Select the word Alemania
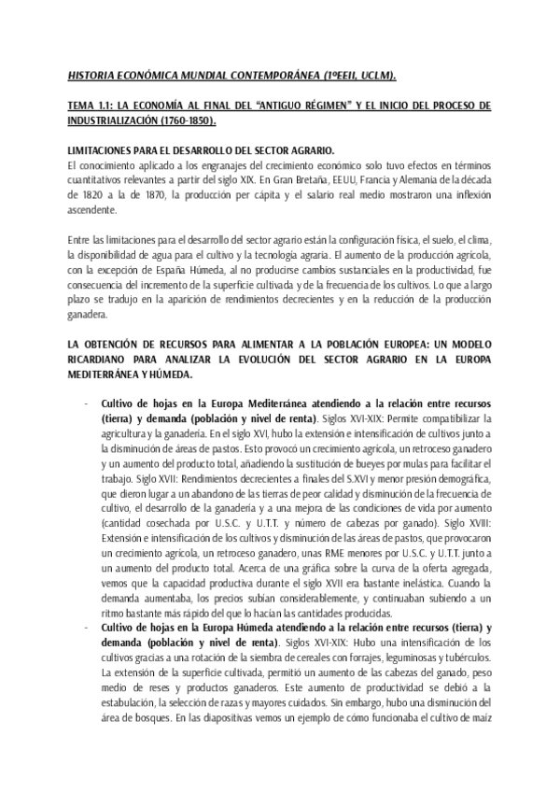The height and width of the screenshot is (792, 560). (441, 180)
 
